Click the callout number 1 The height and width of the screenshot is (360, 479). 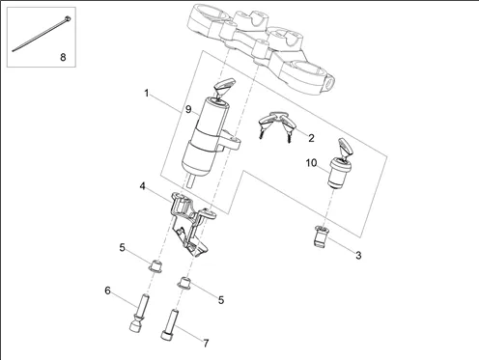click(x=147, y=94)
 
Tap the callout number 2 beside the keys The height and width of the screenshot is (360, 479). click(x=311, y=138)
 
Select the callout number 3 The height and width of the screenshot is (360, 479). click(x=358, y=255)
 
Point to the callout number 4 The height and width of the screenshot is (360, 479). click(x=143, y=186)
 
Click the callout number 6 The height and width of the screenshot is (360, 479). click(x=107, y=291)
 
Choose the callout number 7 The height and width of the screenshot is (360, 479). click(x=206, y=344)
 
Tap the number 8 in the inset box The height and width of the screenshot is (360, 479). click(x=63, y=57)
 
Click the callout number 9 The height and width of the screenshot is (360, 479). click(x=188, y=109)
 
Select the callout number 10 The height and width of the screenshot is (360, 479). click(x=311, y=163)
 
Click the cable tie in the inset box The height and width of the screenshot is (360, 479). click(x=42, y=35)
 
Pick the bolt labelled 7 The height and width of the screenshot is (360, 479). click(x=170, y=324)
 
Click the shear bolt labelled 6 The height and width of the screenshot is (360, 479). click(x=139, y=313)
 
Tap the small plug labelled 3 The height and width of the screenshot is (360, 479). click(x=321, y=236)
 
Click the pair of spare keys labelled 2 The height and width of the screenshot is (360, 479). click(x=277, y=125)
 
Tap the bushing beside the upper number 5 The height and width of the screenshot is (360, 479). click(x=155, y=265)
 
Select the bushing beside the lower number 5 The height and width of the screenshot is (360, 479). click(x=185, y=283)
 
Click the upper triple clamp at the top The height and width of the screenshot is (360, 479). click(x=262, y=48)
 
